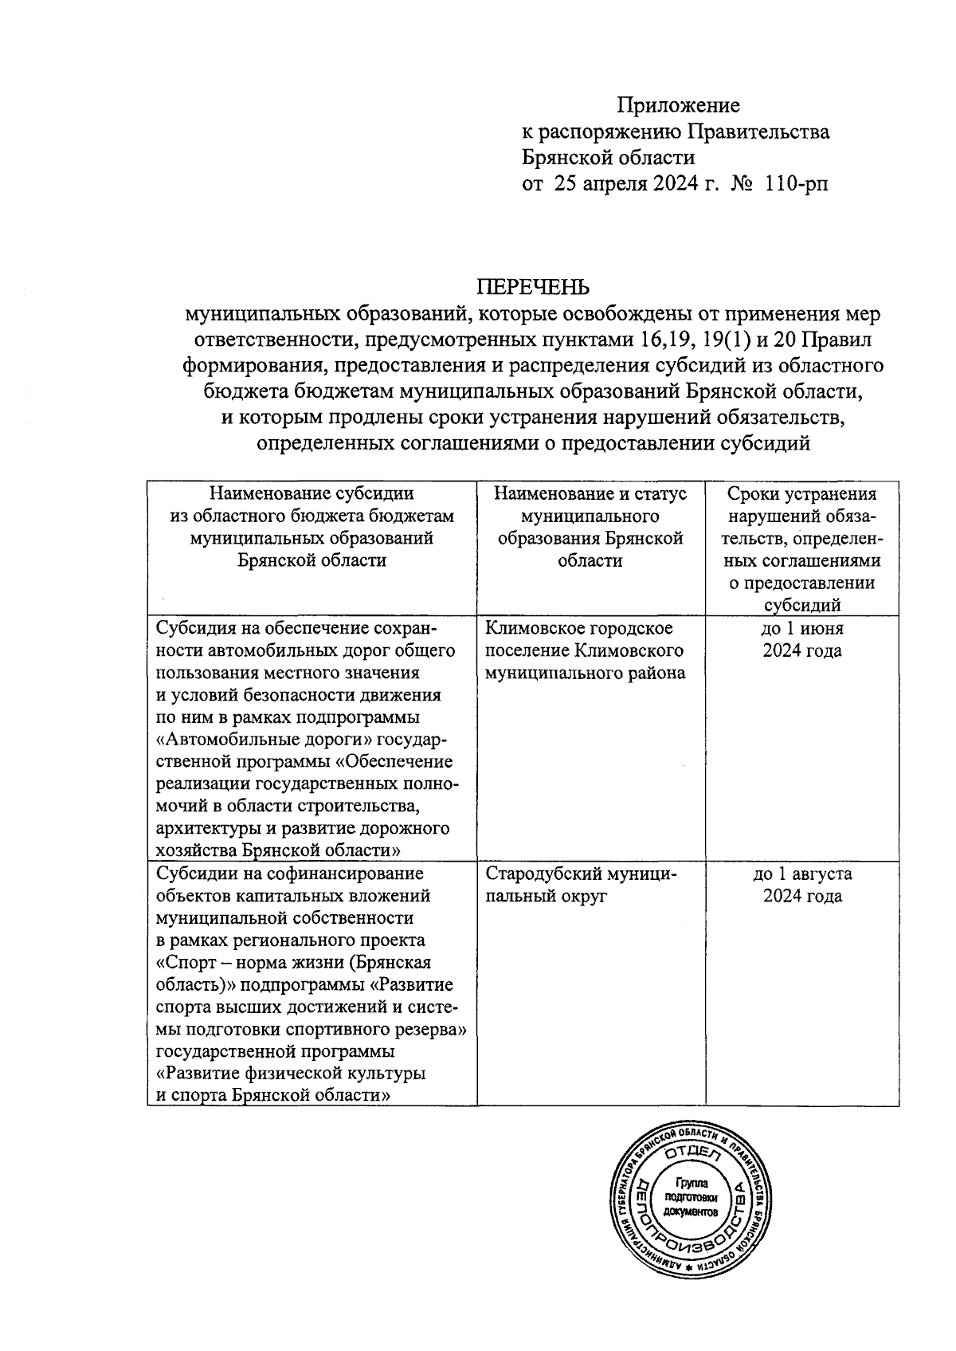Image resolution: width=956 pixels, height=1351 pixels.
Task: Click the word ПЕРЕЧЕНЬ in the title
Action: pos(533,286)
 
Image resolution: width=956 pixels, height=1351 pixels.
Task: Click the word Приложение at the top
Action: pos(680,105)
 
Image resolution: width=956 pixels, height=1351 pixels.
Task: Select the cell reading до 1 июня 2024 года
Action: pos(802,639)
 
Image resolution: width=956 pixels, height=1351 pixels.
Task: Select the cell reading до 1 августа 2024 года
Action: pos(802,884)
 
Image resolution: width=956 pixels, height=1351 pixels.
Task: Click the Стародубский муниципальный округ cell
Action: pos(581,884)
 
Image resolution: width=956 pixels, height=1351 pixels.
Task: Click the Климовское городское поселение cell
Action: pos(585,650)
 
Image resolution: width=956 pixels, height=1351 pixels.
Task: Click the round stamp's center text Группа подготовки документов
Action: pos(691,1197)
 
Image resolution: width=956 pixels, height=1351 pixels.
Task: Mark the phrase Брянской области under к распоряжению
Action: pos(609,158)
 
